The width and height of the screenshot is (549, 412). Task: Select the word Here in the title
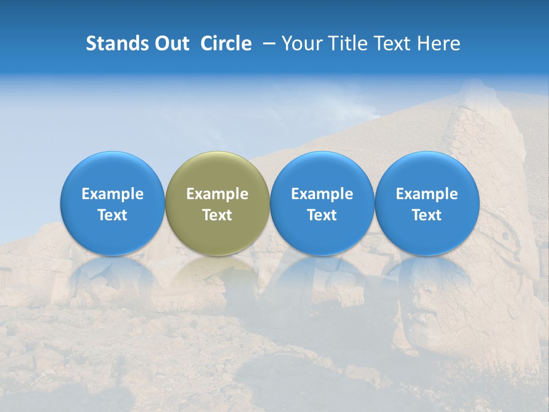coord(438,43)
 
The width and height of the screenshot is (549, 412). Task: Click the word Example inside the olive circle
coord(217,194)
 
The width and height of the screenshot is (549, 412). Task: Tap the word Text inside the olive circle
coord(217,215)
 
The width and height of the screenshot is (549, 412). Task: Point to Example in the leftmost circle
coord(113,194)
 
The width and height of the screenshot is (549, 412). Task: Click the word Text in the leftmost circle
coord(113,215)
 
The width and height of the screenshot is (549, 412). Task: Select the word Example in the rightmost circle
coord(427,194)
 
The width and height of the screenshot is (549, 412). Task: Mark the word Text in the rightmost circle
coord(427,215)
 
